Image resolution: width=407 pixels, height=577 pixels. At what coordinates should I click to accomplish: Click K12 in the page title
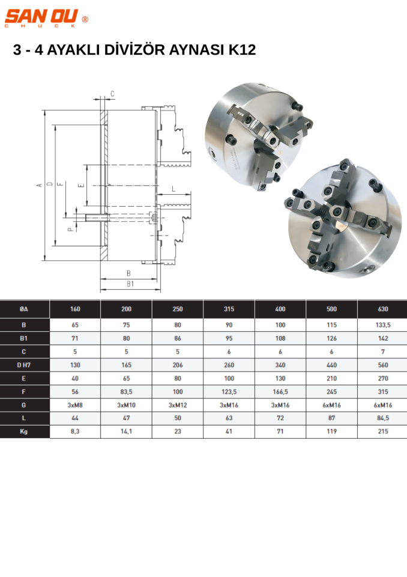click(x=242, y=50)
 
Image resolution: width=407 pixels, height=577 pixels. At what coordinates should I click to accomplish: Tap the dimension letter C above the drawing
click(x=112, y=94)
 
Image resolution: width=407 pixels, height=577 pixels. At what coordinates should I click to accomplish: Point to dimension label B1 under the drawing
click(x=130, y=284)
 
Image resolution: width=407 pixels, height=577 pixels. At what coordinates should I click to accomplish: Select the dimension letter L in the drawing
click(x=174, y=189)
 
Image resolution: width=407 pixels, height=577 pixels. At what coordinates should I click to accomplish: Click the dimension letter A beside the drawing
click(x=40, y=185)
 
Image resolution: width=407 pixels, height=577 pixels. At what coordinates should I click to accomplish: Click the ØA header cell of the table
click(x=24, y=309)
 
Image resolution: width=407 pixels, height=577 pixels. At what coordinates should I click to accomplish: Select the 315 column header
click(x=229, y=309)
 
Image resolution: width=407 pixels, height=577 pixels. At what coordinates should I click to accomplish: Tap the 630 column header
click(x=383, y=309)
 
